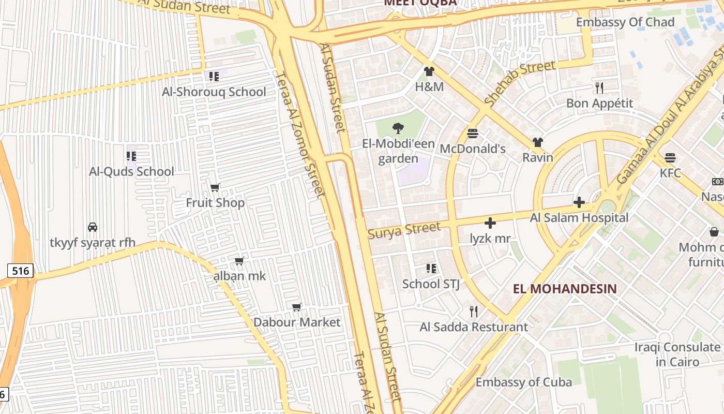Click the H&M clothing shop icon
tap(429, 71)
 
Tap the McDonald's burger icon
tap(472, 134)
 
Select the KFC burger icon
tap(670, 157)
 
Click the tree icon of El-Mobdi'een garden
tap(398, 128)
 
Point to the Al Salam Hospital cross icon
tap(579, 202)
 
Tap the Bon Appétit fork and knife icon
tap(599, 87)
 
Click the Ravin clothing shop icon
tap(538, 142)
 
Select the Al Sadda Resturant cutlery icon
tap(473, 311)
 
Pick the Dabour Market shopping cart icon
tap(297, 307)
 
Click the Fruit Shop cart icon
tap(215, 187)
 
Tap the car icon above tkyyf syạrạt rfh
tap(93, 227)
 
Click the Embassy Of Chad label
tap(625, 22)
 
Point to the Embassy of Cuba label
tap(523, 382)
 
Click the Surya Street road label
tap(404, 230)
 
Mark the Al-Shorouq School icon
tap(214, 77)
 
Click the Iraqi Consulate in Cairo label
tap(677, 354)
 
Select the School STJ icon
tap(431, 269)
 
